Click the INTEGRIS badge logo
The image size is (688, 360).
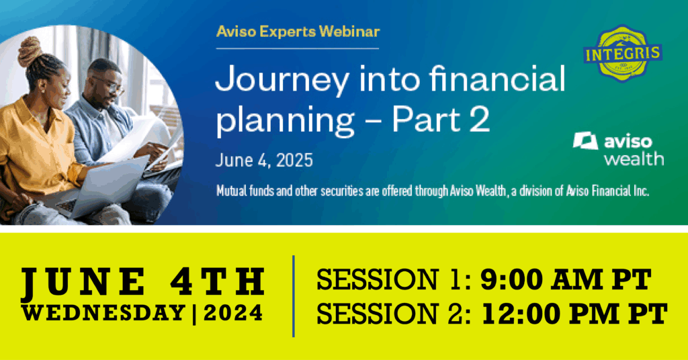pyautogui.click(x=623, y=53)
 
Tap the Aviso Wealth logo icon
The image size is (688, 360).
pyautogui.click(x=585, y=141)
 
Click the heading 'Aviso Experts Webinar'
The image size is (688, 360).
pyautogui.click(x=298, y=32)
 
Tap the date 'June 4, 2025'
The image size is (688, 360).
pyautogui.click(x=264, y=161)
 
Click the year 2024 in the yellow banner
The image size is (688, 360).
pyautogui.click(x=233, y=313)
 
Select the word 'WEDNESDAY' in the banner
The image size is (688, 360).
pyautogui.click(x=103, y=312)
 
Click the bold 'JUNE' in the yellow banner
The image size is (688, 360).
pyautogui.click(x=84, y=282)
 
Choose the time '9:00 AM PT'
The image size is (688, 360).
pyautogui.click(x=566, y=279)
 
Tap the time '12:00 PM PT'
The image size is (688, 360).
pyautogui.click(x=575, y=313)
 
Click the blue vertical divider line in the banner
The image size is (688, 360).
pyautogui.click(x=294, y=296)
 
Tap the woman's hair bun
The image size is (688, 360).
pyautogui.click(x=30, y=51)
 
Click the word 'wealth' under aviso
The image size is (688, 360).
pyautogui.click(x=634, y=159)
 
